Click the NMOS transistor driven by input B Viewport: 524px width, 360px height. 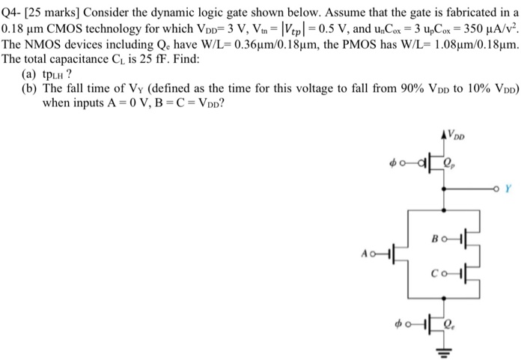click(x=457, y=238)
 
